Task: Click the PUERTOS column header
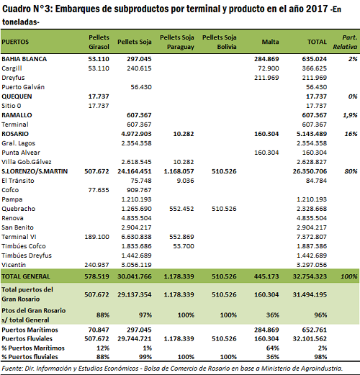pyautogui.click(x=15, y=42)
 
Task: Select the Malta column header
pyautogui.click(x=270, y=42)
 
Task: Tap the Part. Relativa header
pyautogui.click(x=345, y=42)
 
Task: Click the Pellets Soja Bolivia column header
pyautogui.click(x=220, y=42)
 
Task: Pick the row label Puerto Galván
pyautogui.click(x=23, y=87)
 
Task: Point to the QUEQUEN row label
pyautogui.click(x=17, y=96)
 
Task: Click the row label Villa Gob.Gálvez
pyautogui.click(x=27, y=162)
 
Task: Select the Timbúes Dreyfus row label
pyautogui.click(x=27, y=256)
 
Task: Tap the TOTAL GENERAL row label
pyautogui.click(x=26, y=276)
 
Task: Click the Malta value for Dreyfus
pyautogui.click(x=266, y=78)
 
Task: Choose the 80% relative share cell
pyautogui.click(x=351, y=171)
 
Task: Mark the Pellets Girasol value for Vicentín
pyautogui.click(x=96, y=265)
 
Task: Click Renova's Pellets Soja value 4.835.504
pyautogui.click(x=136, y=218)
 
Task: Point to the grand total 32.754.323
pyautogui.click(x=310, y=276)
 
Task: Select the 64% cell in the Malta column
pyautogui.click(x=273, y=348)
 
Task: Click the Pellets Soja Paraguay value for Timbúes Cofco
pyautogui.click(x=184, y=246)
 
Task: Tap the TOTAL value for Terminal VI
pyautogui.click(x=312, y=237)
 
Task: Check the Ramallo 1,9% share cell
pyautogui.click(x=350, y=115)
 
